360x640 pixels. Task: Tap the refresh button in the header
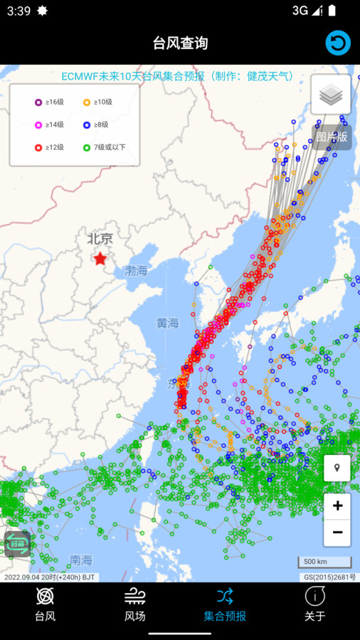[338, 43]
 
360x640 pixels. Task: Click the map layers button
[331, 95]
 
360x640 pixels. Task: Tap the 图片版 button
[332, 137]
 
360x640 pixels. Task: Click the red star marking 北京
[100, 259]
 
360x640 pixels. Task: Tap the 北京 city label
[100, 239]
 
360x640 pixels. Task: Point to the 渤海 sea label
[137, 271]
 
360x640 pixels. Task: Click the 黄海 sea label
[168, 324]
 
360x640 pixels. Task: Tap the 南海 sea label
[81, 560]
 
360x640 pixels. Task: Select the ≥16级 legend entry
[50, 102]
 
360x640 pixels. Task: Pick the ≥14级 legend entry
[50, 124]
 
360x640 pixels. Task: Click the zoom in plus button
[337, 506]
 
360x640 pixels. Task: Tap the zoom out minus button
[337, 532]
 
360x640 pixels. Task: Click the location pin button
[337, 469]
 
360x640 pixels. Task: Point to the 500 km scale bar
[324, 562]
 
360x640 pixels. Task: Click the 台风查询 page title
[180, 43]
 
